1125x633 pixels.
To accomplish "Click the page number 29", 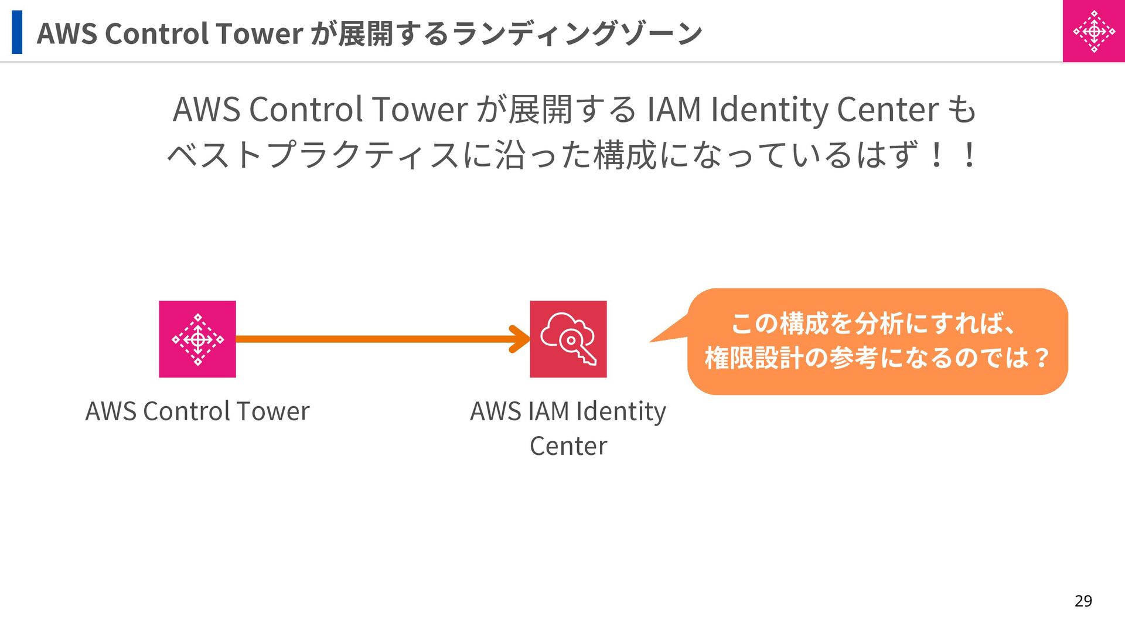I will tap(1083, 601).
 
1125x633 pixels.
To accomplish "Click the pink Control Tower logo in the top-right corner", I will tap(1093, 31).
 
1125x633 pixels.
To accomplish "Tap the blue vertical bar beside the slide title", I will tap(17, 32).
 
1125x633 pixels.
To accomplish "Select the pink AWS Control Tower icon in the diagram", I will tap(197, 339).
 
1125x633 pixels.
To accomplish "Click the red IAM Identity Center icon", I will tap(568, 339).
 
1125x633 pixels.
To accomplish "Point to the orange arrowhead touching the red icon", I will tap(520, 339).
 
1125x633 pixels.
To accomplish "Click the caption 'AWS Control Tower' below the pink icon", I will tap(197, 411).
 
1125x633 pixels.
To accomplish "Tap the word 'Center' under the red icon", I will tap(568, 447).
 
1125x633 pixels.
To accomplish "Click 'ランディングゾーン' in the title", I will tap(577, 33).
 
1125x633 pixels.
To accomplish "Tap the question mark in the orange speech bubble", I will tap(1042, 358).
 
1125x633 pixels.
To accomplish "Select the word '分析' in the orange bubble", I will tap(878, 324).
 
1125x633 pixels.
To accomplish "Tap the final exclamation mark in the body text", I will tap(969, 155).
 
